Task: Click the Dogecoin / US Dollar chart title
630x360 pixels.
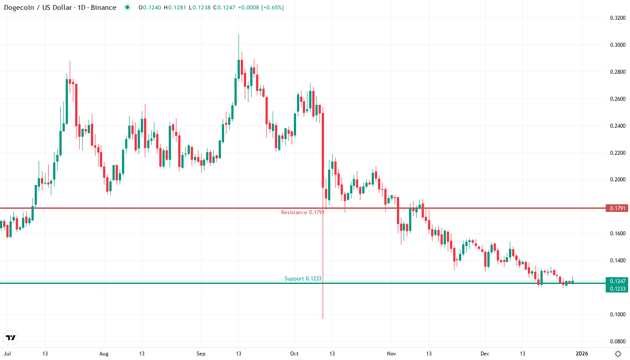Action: click(60, 8)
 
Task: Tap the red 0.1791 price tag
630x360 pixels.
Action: click(616, 208)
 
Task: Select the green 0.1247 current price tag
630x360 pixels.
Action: click(616, 281)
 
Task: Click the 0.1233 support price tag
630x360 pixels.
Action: click(616, 288)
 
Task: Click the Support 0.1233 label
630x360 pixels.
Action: click(303, 279)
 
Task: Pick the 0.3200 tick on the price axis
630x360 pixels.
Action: click(617, 18)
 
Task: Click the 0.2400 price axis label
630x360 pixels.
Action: click(617, 126)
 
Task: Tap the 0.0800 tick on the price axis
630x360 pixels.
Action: click(617, 341)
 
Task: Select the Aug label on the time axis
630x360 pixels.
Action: click(104, 354)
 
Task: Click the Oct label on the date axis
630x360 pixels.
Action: click(294, 354)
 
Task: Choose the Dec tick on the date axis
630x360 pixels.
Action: click(485, 354)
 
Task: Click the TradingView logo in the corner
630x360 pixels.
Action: click(11, 337)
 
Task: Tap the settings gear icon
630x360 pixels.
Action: click(619, 354)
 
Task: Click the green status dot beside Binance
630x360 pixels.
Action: click(127, 8)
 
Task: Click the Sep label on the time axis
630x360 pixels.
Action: click(201, 354)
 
